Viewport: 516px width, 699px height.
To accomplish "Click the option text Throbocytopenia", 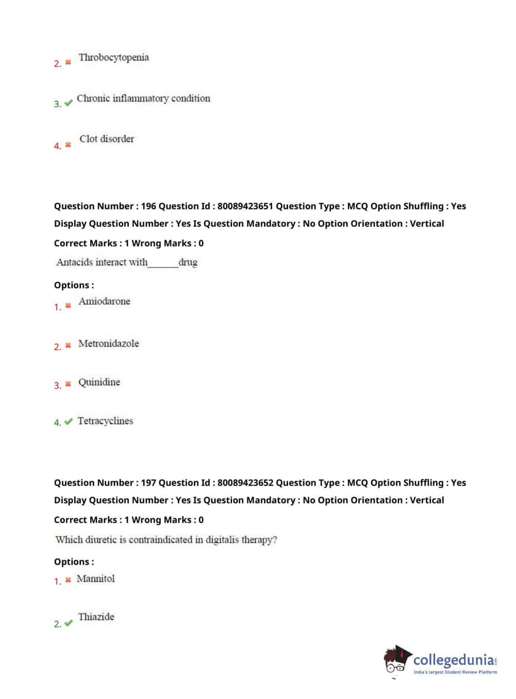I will (113, 57).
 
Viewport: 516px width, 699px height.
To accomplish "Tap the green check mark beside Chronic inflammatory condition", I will (68, 103).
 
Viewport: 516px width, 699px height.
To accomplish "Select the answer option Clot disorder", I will (107, 139).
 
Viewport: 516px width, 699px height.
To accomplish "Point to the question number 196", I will (148, 206).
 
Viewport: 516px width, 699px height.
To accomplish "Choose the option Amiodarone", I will (104, 302).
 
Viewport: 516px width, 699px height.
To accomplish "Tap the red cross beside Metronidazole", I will (68, 345).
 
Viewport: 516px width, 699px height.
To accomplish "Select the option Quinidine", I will (99, 382).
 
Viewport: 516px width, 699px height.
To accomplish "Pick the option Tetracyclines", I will (105, 421).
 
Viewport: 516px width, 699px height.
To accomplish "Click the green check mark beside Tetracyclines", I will (68, 422).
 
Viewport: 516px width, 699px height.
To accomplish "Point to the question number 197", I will (148, 483).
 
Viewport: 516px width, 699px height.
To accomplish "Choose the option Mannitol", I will (96, 579).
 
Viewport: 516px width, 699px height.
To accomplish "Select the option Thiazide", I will (96, 617).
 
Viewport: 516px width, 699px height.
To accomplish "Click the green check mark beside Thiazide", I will (68, 623).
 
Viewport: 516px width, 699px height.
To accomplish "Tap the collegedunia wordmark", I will (453, 660).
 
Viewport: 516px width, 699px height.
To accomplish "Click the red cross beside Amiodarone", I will (68, 306).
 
